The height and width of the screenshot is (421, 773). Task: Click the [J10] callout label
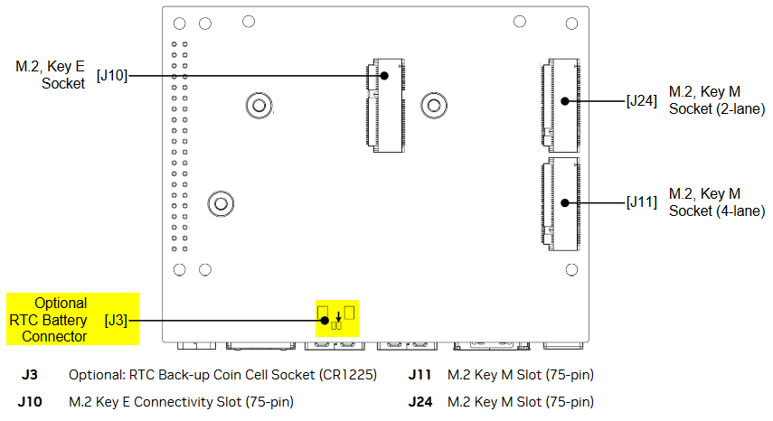(112, 76)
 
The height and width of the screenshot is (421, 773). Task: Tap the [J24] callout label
(641, 101)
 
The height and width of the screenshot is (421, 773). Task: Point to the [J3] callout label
(116, 319)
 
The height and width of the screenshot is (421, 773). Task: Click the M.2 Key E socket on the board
(385, 108)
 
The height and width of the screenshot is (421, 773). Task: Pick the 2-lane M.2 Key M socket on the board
(561, 106)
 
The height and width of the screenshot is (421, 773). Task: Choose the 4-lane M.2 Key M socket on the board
(561, 203)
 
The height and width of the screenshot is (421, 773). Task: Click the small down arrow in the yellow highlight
(338, 316)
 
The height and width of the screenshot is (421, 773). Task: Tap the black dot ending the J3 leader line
(323, 319)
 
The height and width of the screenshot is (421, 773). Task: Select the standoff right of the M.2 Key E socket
(435, 107)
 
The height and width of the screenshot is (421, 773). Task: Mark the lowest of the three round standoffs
(220, 203)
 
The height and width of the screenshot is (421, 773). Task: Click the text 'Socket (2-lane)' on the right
(716, 108)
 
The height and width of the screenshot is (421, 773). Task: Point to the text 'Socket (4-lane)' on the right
(716, 210)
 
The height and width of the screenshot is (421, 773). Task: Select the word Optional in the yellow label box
(61, 304)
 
